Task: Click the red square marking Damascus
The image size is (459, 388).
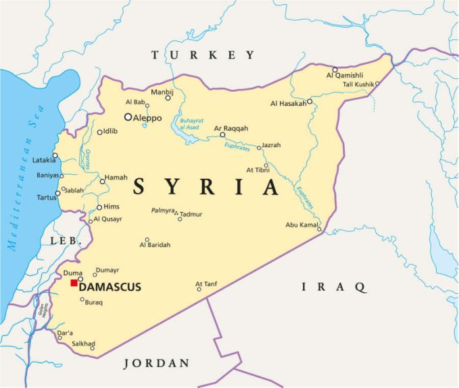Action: [x=74, y=283]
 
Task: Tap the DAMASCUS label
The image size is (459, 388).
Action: [x=111, y=287]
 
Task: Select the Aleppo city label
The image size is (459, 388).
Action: [x=148, y=118]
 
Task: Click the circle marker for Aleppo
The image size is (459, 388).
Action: [x=127, y=117]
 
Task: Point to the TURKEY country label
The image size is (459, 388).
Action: [x=203, y=55]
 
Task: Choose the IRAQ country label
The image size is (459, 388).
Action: [x=333, y=287]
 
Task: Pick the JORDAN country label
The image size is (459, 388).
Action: [x=157, y=363]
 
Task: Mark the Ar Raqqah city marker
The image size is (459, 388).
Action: [x=222, y=134]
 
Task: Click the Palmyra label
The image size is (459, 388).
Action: [x=163, y=211]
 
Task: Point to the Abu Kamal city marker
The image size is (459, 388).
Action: [x=319, y=230]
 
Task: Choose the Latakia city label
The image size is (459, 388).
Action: [x=44, y=160]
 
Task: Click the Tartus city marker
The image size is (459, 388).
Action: [x=57, y=193]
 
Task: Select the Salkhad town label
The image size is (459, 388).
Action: [x=84, y=343]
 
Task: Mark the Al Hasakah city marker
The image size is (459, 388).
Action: [x=309, y=102]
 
